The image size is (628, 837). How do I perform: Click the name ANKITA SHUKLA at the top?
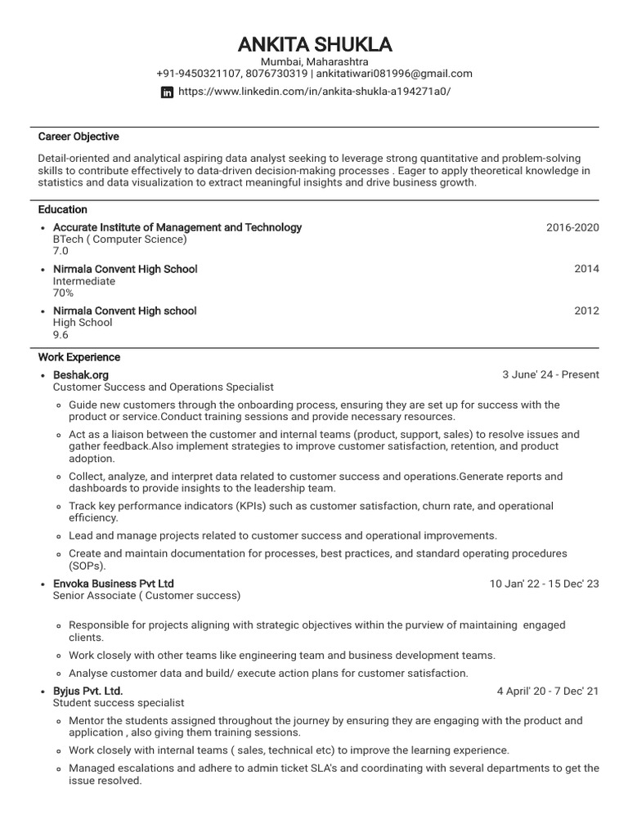tap(314, 43)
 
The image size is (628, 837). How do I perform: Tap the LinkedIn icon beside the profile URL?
tap(168, 92)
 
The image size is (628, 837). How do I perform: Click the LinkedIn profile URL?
tap(314, 92)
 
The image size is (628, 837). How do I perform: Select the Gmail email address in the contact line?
tap(393, 74)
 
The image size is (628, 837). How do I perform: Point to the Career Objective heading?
tap(78, 137)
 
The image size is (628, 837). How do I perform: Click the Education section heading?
tap(63, 209)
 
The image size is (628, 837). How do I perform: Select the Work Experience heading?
tap(79, 357)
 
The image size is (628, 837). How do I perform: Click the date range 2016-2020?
tap(572, 227)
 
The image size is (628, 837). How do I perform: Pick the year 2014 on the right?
tap(586, 269)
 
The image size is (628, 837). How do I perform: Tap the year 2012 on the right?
tap(586, 311)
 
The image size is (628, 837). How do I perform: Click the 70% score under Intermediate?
tap(64, 293)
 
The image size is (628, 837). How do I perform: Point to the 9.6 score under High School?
tap(61, 334)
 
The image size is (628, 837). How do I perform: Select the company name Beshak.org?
tap(81, 374)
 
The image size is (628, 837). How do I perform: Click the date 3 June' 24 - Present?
tap(550, 375)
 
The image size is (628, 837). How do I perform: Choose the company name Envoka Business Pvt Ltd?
tap(114, 584)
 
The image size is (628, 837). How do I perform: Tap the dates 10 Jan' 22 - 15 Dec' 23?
tap(544, 584)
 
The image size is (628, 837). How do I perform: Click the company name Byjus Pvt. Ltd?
tap(87, 691)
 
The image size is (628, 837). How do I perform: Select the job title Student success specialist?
tap(119, 703)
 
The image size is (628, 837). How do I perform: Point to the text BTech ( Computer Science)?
tap(120, 239)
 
